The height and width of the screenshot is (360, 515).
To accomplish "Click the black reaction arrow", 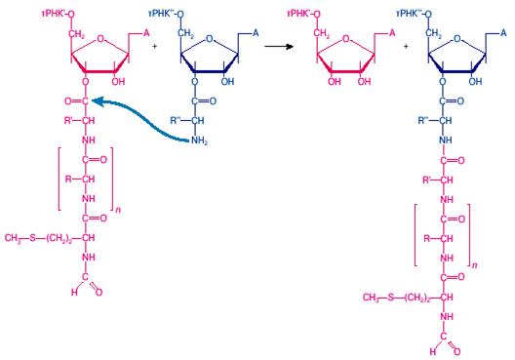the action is (279, 46).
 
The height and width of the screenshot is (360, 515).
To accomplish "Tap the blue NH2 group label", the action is (199, 140).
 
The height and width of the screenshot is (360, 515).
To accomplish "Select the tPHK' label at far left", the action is (56, 14).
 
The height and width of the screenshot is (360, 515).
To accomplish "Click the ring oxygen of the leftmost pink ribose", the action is (100, 39).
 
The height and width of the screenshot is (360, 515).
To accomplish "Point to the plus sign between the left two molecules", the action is (154, 46).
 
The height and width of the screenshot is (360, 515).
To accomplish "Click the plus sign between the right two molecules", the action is (406, 46).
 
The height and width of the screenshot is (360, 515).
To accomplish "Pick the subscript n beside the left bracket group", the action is (118, 210).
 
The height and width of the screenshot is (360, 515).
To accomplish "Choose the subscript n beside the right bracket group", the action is (474, 264).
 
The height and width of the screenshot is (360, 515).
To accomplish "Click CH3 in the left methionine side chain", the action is (13, 238).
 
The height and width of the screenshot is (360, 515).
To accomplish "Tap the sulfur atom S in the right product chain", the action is (390, 298).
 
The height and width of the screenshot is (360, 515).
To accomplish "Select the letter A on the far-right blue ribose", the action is (503, 33).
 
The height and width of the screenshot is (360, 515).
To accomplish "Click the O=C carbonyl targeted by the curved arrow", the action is (76, 101).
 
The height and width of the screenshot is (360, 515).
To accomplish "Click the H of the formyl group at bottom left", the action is (74, 292).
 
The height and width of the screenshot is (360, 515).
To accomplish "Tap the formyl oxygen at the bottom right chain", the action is (456, 351).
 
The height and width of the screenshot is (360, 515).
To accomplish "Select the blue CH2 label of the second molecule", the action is (186, 33).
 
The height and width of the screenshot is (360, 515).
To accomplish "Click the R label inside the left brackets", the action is (68, 180).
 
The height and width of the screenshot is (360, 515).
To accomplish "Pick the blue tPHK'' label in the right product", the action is (411, 14).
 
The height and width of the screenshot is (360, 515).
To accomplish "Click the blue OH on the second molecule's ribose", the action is (227, 81).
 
